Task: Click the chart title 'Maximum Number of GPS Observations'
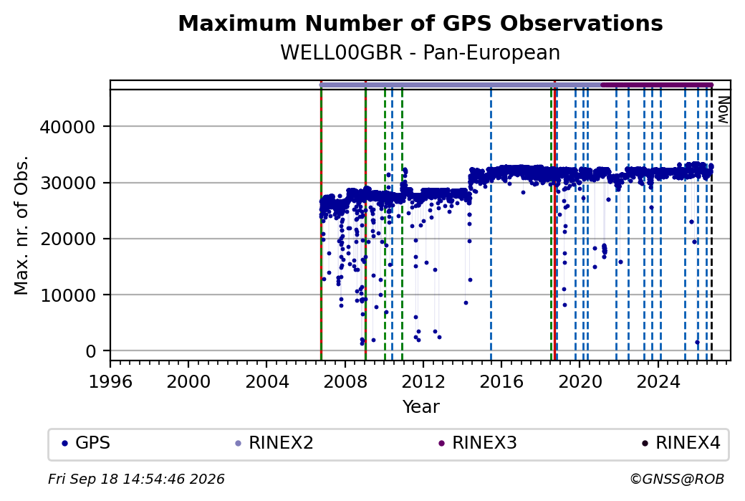click(420, 23)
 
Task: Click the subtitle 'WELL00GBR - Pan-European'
click(420, 52)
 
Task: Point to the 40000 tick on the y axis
click(67, 127)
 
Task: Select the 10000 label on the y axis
click(67, 295)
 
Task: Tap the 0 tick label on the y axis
click(91, 351)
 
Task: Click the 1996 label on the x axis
click(110, 381)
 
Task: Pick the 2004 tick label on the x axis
click(266, 381)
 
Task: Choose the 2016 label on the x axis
click(501, 381)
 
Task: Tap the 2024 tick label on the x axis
click(658, 381)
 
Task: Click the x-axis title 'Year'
click(421, 407)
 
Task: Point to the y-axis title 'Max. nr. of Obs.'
click(21, 225)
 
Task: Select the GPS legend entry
click(86, 443)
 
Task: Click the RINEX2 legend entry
click(274, 443)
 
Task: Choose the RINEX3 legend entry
click(478, 443)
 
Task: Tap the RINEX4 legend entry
click(681, 443)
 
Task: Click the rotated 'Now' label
click(723, 110)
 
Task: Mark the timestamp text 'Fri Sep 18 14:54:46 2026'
click(136, 479)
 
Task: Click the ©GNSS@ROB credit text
click(677, 479)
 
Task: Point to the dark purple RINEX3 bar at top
click(657, 85)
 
